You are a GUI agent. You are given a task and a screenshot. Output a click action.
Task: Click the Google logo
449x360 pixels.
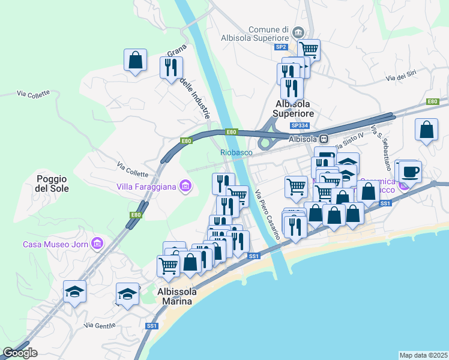point(20,353)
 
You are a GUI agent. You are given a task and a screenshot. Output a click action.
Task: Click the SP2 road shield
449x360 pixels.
point(280,47)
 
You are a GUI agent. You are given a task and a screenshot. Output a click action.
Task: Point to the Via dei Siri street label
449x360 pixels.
point(401,78)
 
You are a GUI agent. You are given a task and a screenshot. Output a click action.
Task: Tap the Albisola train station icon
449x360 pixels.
point(324,139)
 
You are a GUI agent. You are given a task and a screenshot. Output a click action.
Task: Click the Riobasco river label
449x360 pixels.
point(236,153)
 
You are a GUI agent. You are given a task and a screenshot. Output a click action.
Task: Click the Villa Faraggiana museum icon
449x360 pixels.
point(185,187)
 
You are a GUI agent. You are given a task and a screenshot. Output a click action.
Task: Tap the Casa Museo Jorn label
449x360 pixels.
point(55,244)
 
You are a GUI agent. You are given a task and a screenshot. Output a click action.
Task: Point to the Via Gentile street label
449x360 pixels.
point(100,325)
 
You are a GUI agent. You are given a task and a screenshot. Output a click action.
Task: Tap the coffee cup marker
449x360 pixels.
point(411,172)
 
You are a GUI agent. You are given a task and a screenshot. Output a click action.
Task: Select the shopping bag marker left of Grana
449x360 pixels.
point(135,59)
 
